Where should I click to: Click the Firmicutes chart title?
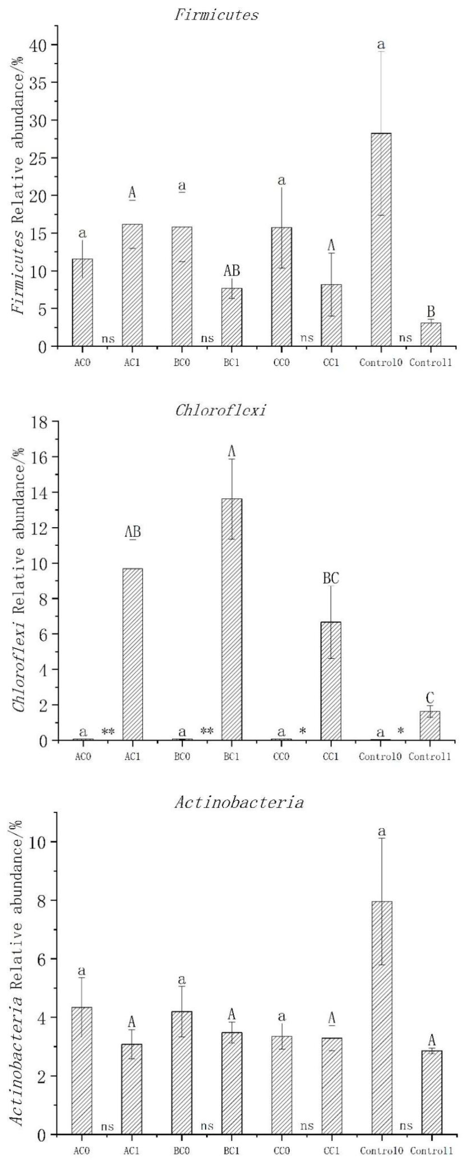coord(216,15)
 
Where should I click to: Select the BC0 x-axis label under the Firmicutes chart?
coord(182,363)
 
